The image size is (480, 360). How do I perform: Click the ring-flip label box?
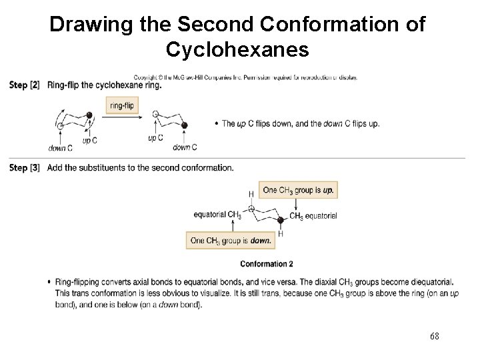tap(121, 105)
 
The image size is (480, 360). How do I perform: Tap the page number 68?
tap(435, 336)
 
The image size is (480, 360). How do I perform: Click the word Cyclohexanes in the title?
tap(237, 49)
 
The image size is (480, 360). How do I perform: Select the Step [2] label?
tap(25, 85)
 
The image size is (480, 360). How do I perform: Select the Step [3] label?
tap(25, 167)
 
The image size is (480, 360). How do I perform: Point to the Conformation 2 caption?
tap(266, 264)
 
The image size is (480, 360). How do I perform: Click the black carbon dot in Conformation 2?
tap(281, 219)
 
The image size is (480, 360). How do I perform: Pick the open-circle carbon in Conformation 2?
tap(251, 209)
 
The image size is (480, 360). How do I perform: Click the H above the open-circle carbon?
tap(251, 194)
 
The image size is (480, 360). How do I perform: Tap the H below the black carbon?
tap(281, 233)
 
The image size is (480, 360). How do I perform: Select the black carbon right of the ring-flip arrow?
tap(185, 125)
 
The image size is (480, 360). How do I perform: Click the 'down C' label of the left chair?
tap(60, 148)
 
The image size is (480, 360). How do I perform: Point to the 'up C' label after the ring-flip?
tap(155, 138)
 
